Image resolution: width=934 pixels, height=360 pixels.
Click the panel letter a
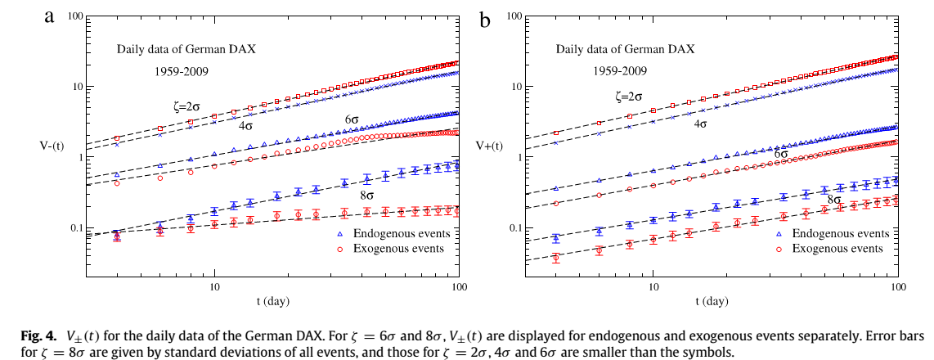49,16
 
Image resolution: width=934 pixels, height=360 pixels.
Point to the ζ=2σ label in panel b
628,97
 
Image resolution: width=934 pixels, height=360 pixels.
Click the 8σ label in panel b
834,199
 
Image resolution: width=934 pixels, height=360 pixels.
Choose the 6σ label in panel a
352,119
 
